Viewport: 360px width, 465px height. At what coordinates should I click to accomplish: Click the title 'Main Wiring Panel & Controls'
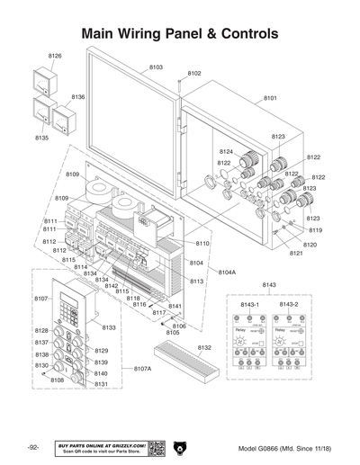point(179,33)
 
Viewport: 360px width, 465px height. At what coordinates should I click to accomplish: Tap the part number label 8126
point(55,56)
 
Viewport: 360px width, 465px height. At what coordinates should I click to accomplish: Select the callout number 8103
point(156,67)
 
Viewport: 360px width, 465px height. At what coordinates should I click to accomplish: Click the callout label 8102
point(194,73)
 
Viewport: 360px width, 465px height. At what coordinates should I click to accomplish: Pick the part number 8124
point(226,152)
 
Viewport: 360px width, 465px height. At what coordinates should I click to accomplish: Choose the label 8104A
point(227,272)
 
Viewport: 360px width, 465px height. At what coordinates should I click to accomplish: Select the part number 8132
point(204,347)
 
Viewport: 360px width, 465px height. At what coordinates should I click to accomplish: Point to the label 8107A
point(143,369)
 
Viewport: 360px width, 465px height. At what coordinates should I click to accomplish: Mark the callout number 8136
point(78,96)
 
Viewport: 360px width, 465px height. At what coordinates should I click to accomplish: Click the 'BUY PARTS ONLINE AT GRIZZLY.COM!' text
point(102,444)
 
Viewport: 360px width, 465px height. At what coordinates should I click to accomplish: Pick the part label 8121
point(295,254)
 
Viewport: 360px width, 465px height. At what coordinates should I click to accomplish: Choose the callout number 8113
point(196,282)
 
